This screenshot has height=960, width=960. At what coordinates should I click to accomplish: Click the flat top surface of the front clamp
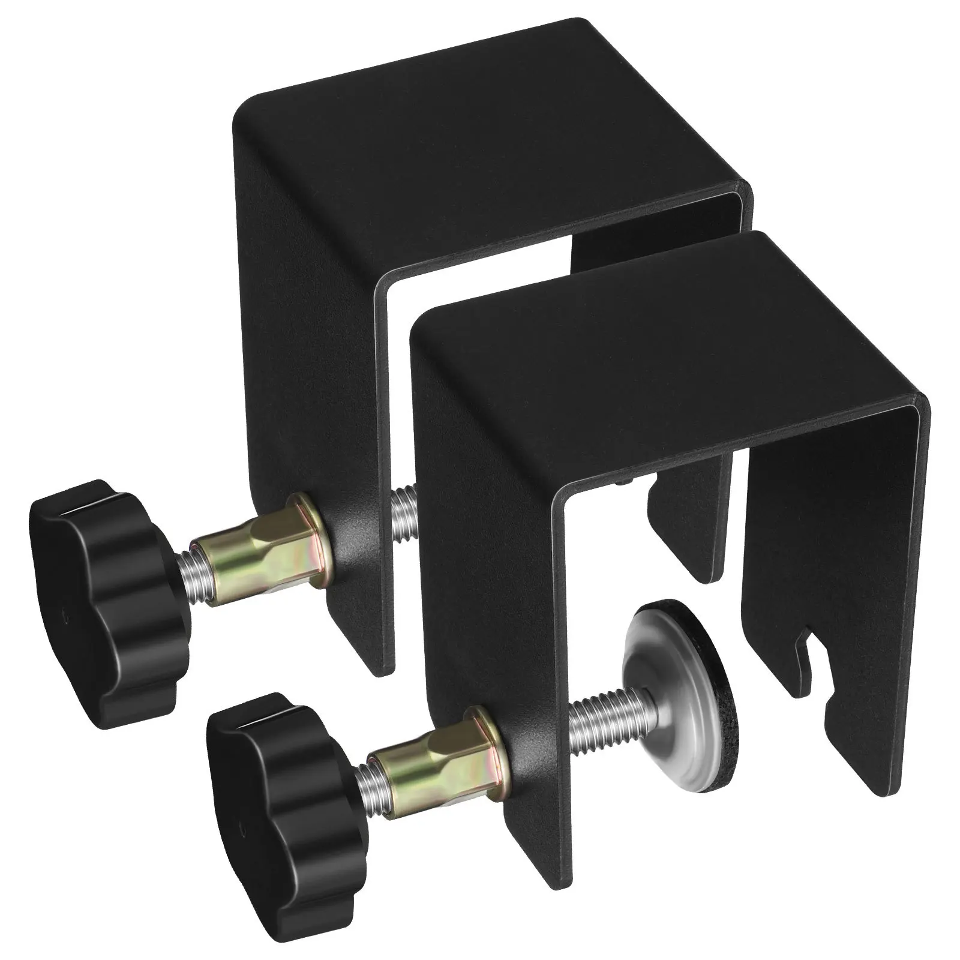[660, 360]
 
